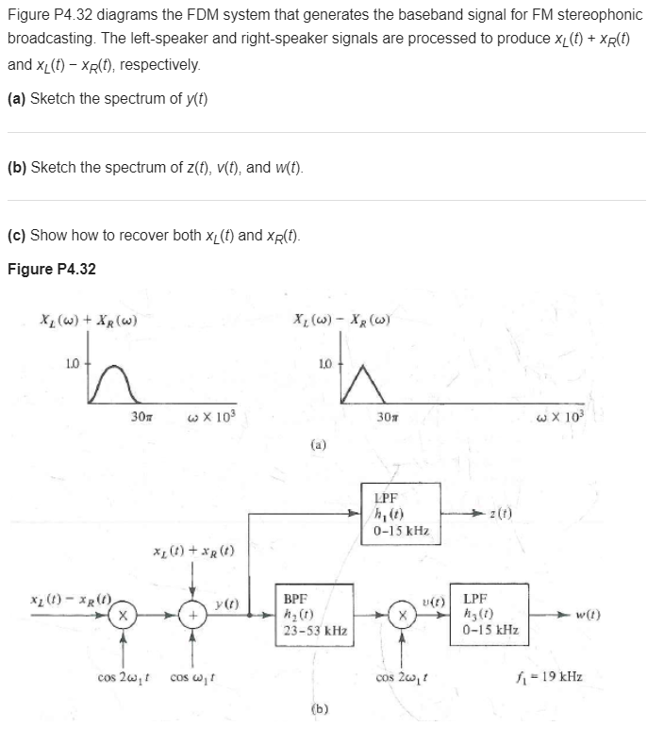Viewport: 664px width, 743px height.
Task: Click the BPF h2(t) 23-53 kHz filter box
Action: click(x=312, y=612)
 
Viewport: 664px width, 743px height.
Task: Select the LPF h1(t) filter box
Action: click(x=400, y=512)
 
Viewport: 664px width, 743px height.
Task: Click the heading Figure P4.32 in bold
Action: click(x=52, y=269)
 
